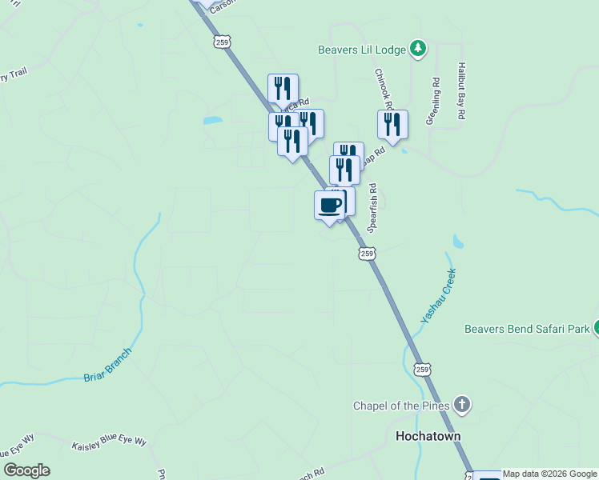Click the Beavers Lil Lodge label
click(362, 50)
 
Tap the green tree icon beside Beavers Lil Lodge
click(417, 50)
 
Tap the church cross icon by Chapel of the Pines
click(461, 405)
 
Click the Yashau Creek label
click(438, 296)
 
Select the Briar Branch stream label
click(107, 364)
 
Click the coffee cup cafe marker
click(330, 205)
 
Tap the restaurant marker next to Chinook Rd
click(392, 124)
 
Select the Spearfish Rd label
click(372, 207)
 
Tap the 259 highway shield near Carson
click(222, 42)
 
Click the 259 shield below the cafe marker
click(366, 254)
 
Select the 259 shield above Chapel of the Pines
click(424, 369)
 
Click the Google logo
click(27, 470)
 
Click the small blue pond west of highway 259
click(212, 122)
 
